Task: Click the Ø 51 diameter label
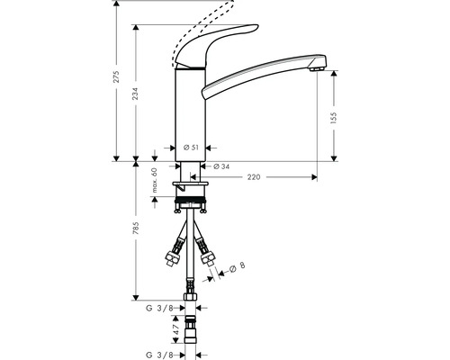coord(190,148)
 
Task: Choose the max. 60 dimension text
coord(154,181)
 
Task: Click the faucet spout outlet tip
coord(314,66)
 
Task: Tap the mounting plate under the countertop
coord(190,189)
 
